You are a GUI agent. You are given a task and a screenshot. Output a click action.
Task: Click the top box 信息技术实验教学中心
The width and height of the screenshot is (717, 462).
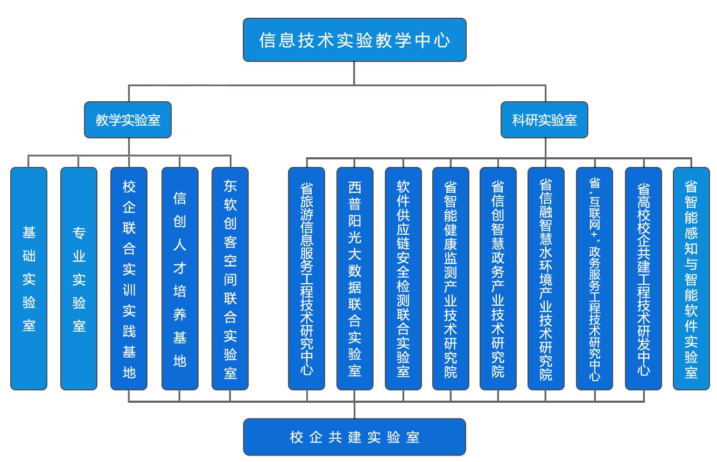pos(354,40)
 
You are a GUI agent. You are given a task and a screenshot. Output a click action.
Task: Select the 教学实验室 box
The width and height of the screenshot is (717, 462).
pos(128,120)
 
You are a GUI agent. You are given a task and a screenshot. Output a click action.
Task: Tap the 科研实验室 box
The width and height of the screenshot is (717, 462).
pos(544,120)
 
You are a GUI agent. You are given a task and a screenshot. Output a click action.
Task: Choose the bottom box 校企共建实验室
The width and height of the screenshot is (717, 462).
pos(354,437)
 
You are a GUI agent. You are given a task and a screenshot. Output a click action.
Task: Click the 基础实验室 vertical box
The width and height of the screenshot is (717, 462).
pos(29,278)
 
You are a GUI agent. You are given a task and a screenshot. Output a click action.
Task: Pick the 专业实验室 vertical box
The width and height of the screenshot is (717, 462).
pos(79,278)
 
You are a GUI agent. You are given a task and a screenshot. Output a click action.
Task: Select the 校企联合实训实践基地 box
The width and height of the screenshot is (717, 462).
pos(129,278)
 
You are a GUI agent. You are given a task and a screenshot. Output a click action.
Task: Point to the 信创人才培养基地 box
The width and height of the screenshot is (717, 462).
pos(180,278)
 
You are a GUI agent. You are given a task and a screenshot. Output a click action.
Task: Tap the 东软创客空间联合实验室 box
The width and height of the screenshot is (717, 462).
pos(230,278)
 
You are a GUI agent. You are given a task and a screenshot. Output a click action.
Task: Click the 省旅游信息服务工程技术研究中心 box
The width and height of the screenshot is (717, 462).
pos(306,278)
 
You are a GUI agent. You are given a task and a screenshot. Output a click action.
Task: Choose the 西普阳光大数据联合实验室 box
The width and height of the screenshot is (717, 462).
pos(355,278)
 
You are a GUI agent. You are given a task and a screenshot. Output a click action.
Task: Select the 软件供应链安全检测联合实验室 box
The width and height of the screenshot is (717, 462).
pos(403,278)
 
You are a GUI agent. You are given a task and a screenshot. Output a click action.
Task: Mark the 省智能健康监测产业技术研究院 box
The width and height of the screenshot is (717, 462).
pos(451,278)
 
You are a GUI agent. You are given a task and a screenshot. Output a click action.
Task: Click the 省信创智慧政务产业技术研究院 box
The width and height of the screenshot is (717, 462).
pos(498,278)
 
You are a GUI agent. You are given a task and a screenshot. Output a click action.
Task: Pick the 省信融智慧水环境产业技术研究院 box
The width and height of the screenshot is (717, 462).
pos(546,278)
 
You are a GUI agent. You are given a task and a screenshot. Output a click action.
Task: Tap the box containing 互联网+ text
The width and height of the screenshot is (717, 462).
pos(594,278)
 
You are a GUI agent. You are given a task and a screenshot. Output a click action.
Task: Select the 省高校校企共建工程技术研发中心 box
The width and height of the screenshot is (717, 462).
pos(643,278)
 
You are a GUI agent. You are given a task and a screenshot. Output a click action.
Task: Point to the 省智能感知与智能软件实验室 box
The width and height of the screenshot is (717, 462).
pos(691,278)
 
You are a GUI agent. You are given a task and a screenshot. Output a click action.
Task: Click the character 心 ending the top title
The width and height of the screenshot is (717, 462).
pos(442,40)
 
